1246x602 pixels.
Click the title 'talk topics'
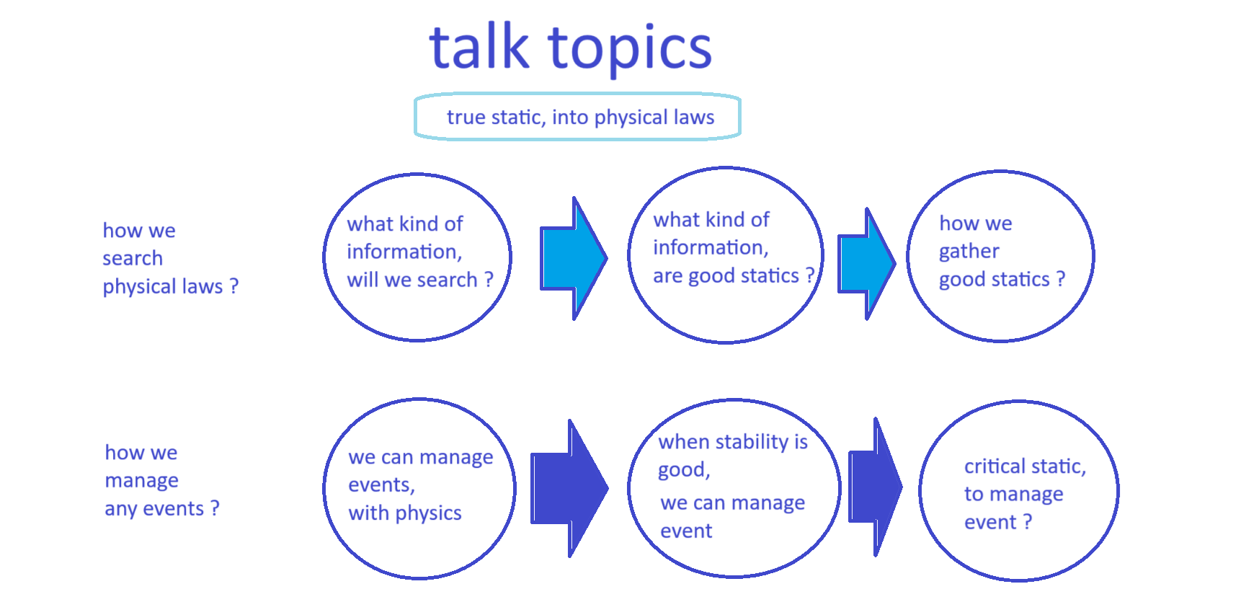(x=570, y=48)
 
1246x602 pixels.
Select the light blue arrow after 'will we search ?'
(x=574, y=258)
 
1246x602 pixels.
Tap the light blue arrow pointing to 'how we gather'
(x=866, y=263)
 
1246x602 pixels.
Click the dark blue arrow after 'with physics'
(x=569, y=488)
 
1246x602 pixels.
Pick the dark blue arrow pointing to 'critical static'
(x=876, y=487)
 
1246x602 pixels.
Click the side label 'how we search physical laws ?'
(x=170, y=258)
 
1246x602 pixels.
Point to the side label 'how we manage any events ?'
(x=162, y=480)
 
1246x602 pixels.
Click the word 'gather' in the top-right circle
(x=969, y=252)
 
